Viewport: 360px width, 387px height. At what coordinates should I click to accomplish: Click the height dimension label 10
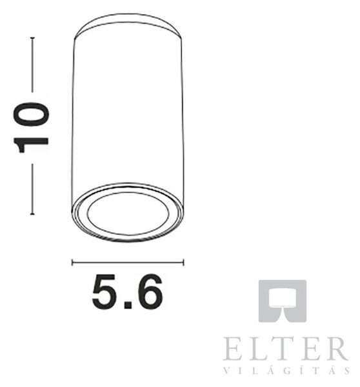31,128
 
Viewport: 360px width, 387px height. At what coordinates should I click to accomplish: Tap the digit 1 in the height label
31,145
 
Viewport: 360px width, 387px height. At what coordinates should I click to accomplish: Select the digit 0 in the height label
32,114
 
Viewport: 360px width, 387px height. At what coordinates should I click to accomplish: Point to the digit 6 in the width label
148,292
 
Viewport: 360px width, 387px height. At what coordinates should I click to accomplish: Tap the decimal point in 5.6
128,305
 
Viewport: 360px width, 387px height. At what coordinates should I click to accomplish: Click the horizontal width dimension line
128,263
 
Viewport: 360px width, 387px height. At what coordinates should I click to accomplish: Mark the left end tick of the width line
72,263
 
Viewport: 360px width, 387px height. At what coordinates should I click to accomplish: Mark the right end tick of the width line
183,263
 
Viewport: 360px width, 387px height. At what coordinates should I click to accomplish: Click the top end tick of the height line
32,38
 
